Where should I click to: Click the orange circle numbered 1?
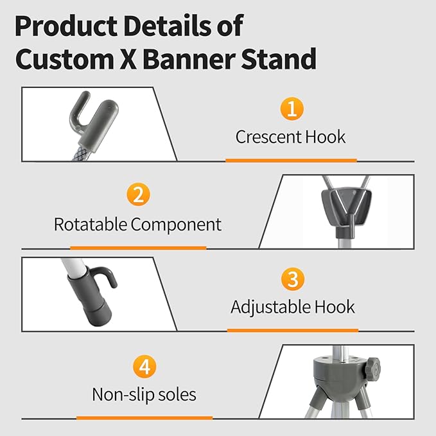pyautogui.click(x=291, y=109)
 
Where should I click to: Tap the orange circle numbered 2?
pyautogui.click(x=138, y=195)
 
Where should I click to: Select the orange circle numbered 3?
pyautogui.click(x=292, y=279)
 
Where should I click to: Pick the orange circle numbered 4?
pyautogui.click(x=144, y=367)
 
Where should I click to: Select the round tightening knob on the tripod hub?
pyautogui.click(x=371, y=371)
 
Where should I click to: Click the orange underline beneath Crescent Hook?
pyautogui.click(x=291, y=160)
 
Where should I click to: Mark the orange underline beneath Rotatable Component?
pyautogui.click(x=137, y=247)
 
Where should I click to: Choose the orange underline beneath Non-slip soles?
pyautogui.click(x=144, y=417)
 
